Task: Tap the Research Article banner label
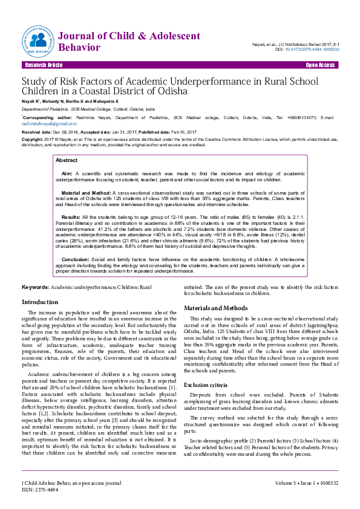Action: [43, 65]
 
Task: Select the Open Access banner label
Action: [321, 65]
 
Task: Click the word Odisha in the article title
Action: [172, 91]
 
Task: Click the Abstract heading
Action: [67, 160]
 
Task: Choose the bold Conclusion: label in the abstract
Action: [76, 259]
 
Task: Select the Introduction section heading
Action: [40, 302]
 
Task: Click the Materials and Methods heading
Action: [216, 308]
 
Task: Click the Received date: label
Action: [38, 131]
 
